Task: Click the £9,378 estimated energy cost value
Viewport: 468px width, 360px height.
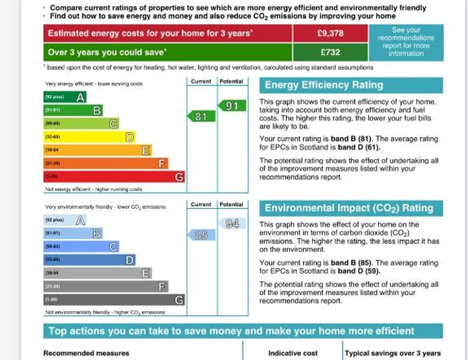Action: point(330,33)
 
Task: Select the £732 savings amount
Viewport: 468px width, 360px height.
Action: point(330,52)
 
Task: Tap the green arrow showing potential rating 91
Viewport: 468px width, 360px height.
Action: point(229,106)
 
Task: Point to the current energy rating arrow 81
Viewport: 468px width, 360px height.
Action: point(200,116)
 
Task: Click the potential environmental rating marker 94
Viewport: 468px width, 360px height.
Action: point(229,224)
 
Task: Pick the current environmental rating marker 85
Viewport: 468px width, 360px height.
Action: point(200,235)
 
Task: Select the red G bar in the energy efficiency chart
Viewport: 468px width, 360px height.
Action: point(114,177)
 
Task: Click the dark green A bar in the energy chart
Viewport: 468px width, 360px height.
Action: point(64,96)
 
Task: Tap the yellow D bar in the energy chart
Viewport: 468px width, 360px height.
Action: point(89,137)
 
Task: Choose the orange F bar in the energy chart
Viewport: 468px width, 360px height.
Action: point(105,163)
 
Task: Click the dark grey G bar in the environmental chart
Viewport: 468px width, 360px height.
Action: point(114,299)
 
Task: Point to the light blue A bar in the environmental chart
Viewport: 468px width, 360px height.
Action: point(64,220)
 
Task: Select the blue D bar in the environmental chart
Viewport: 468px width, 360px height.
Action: point(89,260)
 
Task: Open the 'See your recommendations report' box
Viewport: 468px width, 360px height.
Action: point(406,41)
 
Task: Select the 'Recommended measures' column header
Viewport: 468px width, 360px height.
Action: point(86,353)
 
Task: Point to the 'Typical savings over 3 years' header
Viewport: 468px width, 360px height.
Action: point(393,353)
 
